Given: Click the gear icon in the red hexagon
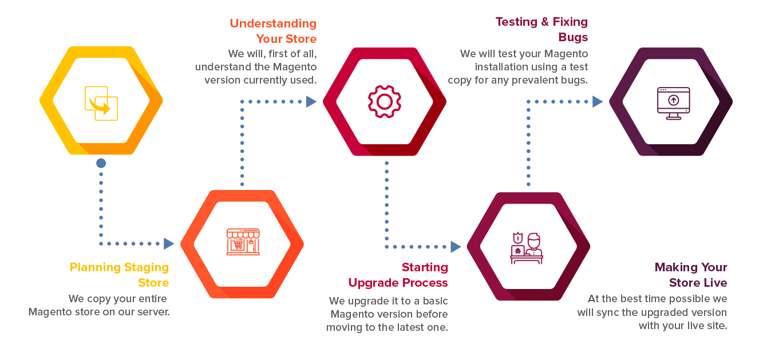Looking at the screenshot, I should pyautogui.click(x=385, y=102).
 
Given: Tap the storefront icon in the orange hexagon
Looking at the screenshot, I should pyautogui.click(x=243, y=242).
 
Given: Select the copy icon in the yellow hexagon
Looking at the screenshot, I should pyautogui.click(x=101, y=103).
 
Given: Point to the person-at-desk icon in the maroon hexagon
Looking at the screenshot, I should pyautogui.click(x=527, y=247).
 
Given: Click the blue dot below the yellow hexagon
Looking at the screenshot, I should pyautogui.click(x=101, y=164).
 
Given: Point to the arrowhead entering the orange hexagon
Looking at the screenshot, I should pyautogui.click(x=169, y=244).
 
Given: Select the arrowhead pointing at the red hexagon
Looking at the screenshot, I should pyautogui.click(x=311, y=102).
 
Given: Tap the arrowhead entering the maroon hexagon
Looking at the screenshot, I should pyautogui.click(x=456, y=247).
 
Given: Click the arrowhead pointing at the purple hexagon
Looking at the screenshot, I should pyautogui.click(x=598, y=102).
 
